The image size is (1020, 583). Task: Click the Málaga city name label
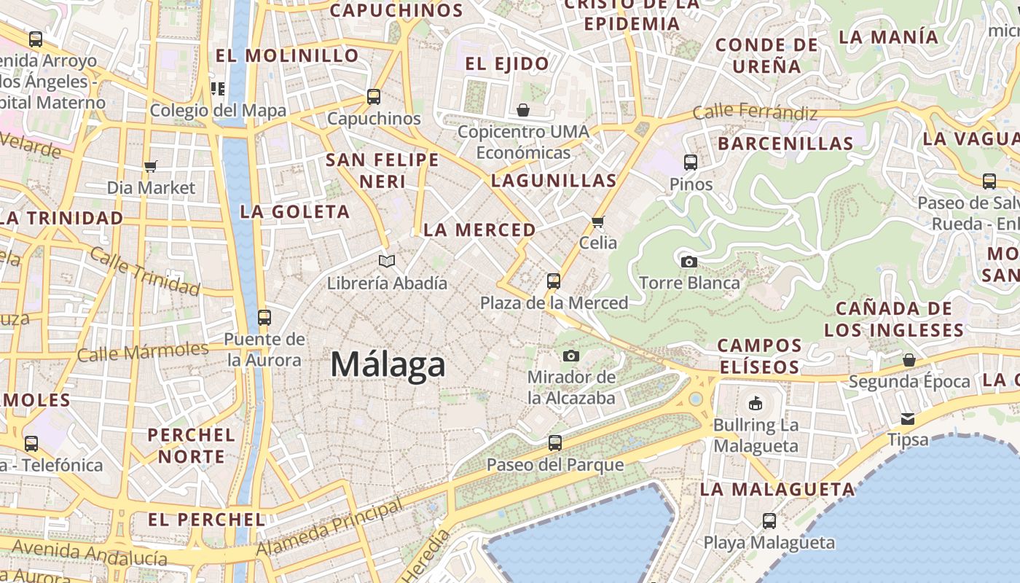pyautogui.click(x=388, y=364)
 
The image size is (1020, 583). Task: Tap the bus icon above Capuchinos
pyautogui.click(x=374, y=96)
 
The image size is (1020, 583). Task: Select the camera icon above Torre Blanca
pyautogui.click(x=688, y=262)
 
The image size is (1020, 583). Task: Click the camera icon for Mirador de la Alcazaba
pyautogui.click(x=571, y=356)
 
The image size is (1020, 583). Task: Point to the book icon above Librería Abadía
pyautogui.click(x=387, y=261)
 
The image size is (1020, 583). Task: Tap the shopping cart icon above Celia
pyautogui.click(x=598, y=222)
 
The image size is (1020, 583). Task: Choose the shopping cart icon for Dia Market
pyautogui.click(x=151, y=167)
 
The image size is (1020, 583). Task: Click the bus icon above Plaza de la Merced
pyautogui.click(x=554, y=281)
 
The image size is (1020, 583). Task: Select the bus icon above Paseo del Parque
pyautogui.click(x=555, y=442)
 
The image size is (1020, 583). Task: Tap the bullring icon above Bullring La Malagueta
pyautogui.click(x=756, y=403)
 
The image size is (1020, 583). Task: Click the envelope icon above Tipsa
pyautogui.click(x=908, y=418)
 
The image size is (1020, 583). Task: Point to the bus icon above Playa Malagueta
pyautogui.click(x=769, y=520)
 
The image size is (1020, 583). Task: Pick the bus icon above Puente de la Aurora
pyautogui.click(x=264, y=318)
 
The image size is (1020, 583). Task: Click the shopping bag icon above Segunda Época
pyautogui.click(x=909, y=360)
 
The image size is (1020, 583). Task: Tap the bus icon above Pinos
pyautogui.click(x=691, y=163)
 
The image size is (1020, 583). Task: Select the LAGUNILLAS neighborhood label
pyautogui.click(x=554, y=180)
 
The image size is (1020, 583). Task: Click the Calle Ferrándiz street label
pyautogui.click(x=755, y=112)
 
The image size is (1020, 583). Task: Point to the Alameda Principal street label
pyautogui.click(x=329, y=528)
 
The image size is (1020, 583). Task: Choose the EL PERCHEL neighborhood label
pyautogui.click(x=206, y=520)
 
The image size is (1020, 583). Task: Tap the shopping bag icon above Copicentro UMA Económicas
pyautogui.click(x=523, y=110)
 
